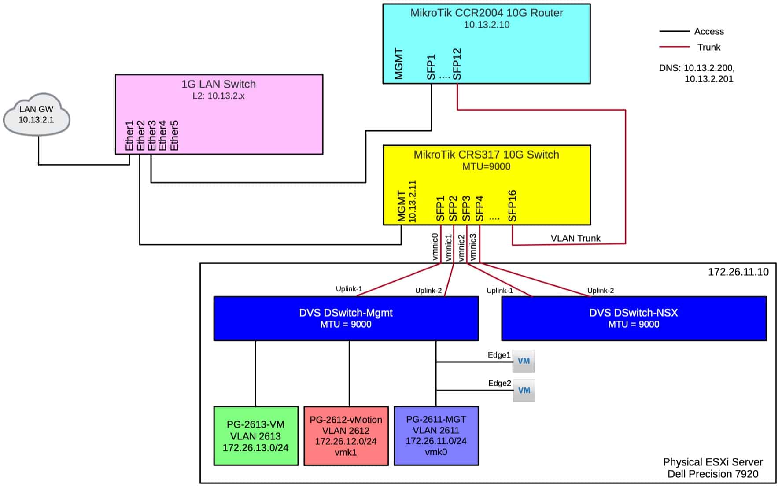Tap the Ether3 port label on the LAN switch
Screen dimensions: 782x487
[152, 136]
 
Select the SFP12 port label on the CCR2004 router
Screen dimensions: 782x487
[457, 64]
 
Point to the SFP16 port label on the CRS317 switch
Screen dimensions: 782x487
[512, 206]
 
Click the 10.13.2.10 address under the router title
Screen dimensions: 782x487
[487, 25]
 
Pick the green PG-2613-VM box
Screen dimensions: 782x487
[256, 436]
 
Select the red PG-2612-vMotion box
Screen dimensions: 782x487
[346, 436]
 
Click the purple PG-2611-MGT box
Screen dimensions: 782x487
[436, 436]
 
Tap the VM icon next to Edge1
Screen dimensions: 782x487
[524, 361]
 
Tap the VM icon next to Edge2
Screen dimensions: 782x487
[524, 391]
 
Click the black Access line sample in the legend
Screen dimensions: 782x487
[674, 32]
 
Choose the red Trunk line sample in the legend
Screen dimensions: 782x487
[674, 47]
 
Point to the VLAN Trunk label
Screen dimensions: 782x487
[575, 238]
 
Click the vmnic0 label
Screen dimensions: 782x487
[435, 247]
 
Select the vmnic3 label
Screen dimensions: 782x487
[473, 247]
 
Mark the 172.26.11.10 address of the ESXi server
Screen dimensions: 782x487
[738, 272]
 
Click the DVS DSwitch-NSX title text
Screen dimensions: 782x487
[634, 313]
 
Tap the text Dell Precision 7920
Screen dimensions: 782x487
[713, 474]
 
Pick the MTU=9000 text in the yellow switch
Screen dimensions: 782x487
[487, 166]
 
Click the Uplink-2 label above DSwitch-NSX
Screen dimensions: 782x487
[600, 291]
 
